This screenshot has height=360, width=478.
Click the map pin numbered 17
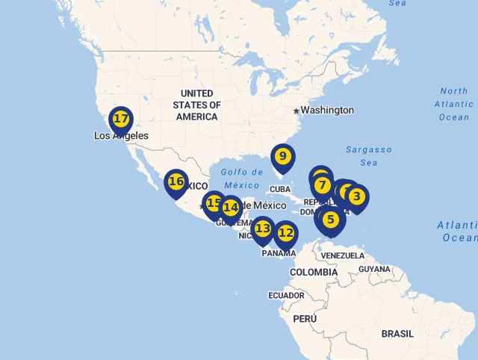click(120, 119)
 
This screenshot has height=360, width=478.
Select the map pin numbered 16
click(176, 181)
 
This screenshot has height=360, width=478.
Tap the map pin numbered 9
click(282, 157)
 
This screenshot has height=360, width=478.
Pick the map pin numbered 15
click(214, 203)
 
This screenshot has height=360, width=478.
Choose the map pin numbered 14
click(231, 207)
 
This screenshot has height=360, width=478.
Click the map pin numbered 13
click(263, 229)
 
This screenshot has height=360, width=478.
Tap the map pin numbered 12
click(285, 233)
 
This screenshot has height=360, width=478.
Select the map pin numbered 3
click(357, 197)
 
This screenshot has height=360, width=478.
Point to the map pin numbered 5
click(331, 219)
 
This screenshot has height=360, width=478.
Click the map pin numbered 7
click(322, 185)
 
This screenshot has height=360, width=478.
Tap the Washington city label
click(327, 111)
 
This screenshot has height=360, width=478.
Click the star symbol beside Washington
click(296, 111)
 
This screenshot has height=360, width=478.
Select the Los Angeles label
click(121, 136)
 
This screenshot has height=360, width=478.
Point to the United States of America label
click(196, 105)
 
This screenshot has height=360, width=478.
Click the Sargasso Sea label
click(369, 155)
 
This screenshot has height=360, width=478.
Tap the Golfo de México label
click(243, 178)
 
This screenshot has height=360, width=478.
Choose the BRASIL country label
click(397, 334)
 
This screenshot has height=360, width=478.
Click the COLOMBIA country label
click(314, 273)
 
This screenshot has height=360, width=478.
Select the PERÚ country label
click(305, 319)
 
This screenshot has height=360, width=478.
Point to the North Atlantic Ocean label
click(453, 104)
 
